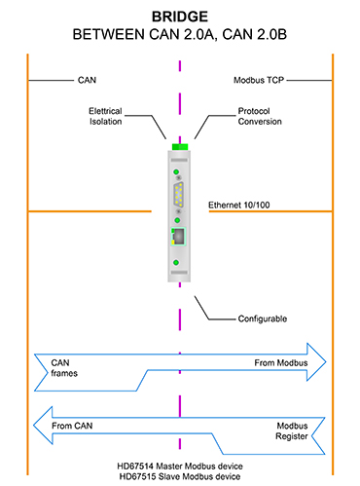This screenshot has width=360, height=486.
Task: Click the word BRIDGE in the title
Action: pyautogui.click(x=180, y=17)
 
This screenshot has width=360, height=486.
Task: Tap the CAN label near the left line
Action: pyautogui.click(x=87, y=80)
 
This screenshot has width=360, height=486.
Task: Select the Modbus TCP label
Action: pyautogui.click(x=259, y=80)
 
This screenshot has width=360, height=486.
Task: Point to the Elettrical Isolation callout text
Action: pyautogui.click(x=106, y=116)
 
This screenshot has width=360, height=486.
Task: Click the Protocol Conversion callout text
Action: pyautogui.click(x=260, y=116)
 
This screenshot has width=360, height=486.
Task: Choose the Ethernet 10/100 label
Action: pyautogui.click(x=239, y=205)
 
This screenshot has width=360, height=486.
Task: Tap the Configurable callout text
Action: pyautogui.click(x=263, y=318)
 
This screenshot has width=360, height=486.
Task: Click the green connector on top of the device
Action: pyautogui.click(x=180, y=147)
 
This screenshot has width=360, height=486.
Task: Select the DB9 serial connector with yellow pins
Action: pyautogui.click(x=178, y=194)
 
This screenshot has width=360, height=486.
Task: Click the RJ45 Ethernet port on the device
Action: pyautogui.click(x=178, y=237)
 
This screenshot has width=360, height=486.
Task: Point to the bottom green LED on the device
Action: pyautogui.click(x=176, y=262)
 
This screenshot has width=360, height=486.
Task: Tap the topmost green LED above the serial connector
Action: pyautogui.click(x=176, y=171)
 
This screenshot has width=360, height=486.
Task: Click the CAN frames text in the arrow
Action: pyautogui.click(x=64, y=368)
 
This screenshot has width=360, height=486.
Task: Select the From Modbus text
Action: pyautogui.click(x=281, y=362)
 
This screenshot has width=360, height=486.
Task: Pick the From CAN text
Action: pyautogui.click(x=72, y=426)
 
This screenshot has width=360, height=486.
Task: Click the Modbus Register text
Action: pyautogui.click(x=292, y=430)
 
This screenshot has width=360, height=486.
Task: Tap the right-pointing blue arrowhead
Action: pyautogui.click(x=316, y=361)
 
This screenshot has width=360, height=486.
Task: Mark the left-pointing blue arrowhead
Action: pyautogui.click(x=43, y=425)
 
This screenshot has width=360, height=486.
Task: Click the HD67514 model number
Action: pyautogui.click(x=135, y=467)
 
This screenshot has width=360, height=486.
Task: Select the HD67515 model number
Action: pyautogui.click(x=137, y=476)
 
